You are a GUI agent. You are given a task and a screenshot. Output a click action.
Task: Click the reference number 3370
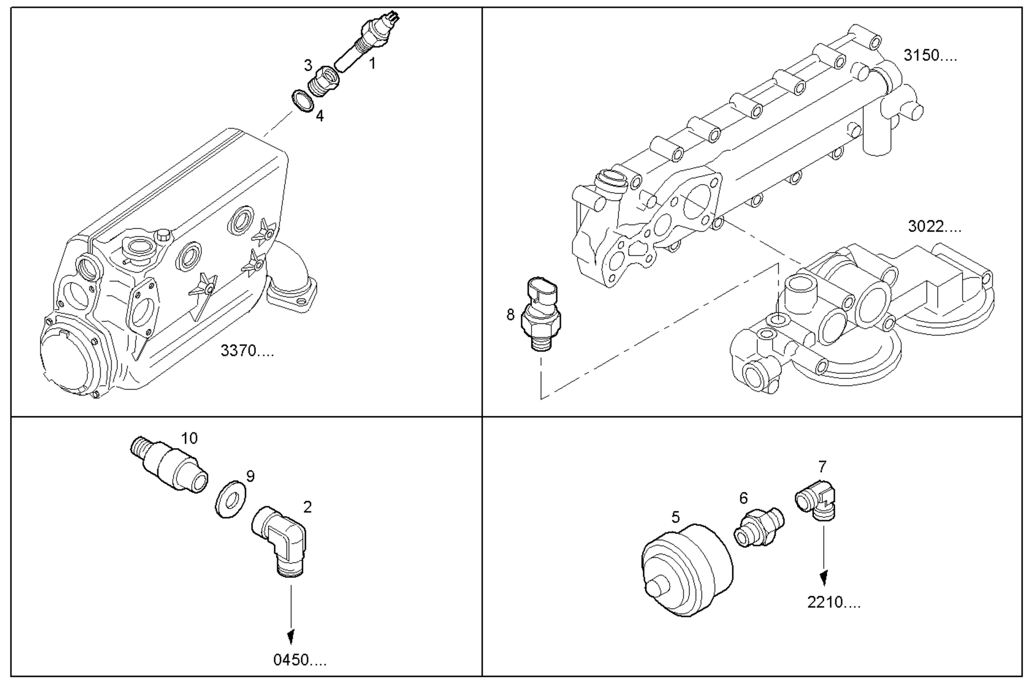pyautogui.click(x=247, y=351)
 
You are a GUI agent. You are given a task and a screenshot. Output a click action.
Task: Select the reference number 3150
pyautogui.click(x=930, y=56)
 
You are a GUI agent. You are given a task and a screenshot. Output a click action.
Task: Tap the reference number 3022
pyautogui.click(x=935, y=226)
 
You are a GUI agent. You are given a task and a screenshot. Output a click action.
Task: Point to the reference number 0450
pyautogui.click(x=300, y=660)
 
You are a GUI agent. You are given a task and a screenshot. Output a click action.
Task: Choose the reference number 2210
pyautogui.click(x=834, y=602)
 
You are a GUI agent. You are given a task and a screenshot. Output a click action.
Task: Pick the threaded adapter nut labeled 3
pyautogui.click(x=324, y=81)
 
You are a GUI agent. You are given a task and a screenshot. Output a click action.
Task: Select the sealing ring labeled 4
pyautogui.click(x=303, y=101)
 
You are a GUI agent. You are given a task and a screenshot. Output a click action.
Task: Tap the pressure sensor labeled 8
pyautogui.click(x=541, y=313)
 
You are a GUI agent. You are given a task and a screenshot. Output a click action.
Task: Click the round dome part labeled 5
pyautogui.click(x=687, y=570)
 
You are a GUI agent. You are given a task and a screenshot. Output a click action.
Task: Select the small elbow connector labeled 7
pyautogui.click(x=816, y=499)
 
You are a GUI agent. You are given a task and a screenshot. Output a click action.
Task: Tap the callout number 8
pyautogui.click(x=510, y=315)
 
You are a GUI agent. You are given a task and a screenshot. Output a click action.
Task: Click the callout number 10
pyautogui.click(x=189, y=438)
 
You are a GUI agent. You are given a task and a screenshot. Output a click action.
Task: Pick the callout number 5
pyautogui.click(x=676, y=518)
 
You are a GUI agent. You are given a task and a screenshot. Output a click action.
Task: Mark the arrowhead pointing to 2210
pyautogui.click(x=823, y=579)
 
